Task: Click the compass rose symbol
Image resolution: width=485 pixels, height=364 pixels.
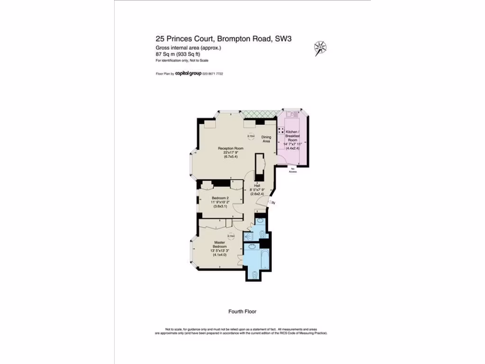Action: coord(320,48)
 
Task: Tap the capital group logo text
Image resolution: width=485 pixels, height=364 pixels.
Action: coord(189,73)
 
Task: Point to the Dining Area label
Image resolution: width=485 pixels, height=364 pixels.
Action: coord(266,139)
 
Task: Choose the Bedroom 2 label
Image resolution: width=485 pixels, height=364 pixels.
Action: coord(220,202)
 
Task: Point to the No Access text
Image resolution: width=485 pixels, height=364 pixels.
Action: coord(293,170)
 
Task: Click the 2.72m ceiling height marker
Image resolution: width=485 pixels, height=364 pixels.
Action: coord(251,136)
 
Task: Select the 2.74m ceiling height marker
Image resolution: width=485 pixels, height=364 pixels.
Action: coord(231,236)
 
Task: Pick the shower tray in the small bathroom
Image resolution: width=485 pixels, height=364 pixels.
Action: coord(248,237)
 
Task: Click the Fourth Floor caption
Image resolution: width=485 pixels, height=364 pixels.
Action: coord(242,311)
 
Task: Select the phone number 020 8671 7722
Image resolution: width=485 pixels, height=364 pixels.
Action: coord(213,73)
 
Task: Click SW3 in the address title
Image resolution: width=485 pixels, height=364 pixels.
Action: coord(283,39)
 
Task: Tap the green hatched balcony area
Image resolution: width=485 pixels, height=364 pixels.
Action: coord(259,114)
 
